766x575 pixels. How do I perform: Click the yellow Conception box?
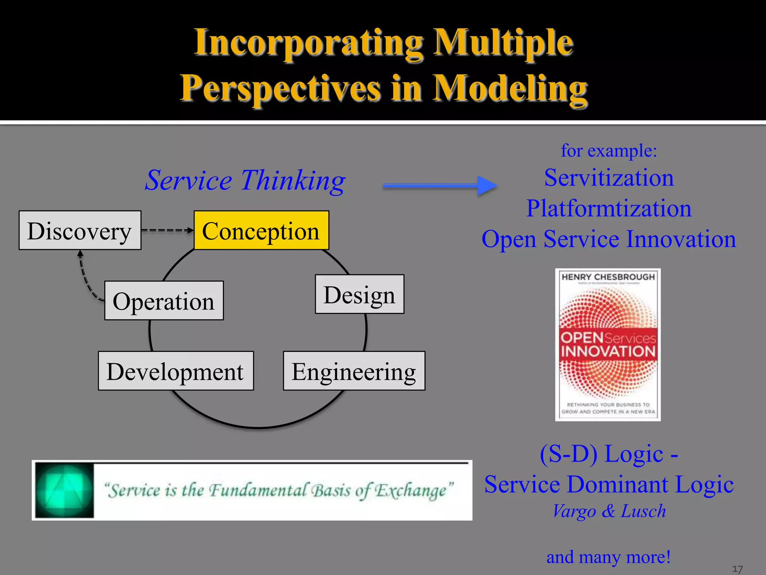click(261, 231)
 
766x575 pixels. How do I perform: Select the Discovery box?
click(80, 231)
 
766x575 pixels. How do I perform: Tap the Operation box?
click(164, 301)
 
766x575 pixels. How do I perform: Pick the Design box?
click(359, 294)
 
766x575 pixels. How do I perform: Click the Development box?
click(176, 371)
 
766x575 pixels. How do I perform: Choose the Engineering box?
click(354, 371)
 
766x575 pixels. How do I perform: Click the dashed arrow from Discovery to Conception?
click(167, 230)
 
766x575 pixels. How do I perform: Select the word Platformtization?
click(609, 208)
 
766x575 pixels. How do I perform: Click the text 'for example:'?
click(609, 150)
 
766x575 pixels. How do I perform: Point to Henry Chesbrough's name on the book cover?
click(608, 277)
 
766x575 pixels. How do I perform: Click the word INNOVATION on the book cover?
click(608, 351)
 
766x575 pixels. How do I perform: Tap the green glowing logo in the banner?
click(64, 490)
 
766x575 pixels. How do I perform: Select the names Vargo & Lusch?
click(609, 511)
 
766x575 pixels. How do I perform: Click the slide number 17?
click(737, 569)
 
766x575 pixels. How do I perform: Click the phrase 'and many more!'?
click(609, 557)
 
